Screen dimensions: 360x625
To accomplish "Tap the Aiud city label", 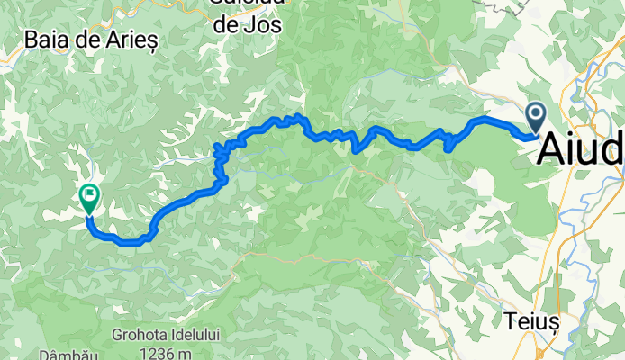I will coord(580,149).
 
